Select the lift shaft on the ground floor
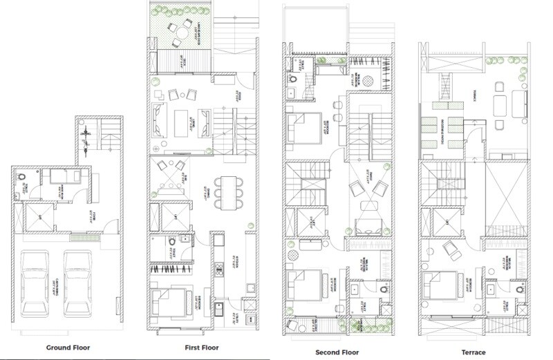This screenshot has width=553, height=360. [x=32, y=218]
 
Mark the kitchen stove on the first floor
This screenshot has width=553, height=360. [x=220, y=266]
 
